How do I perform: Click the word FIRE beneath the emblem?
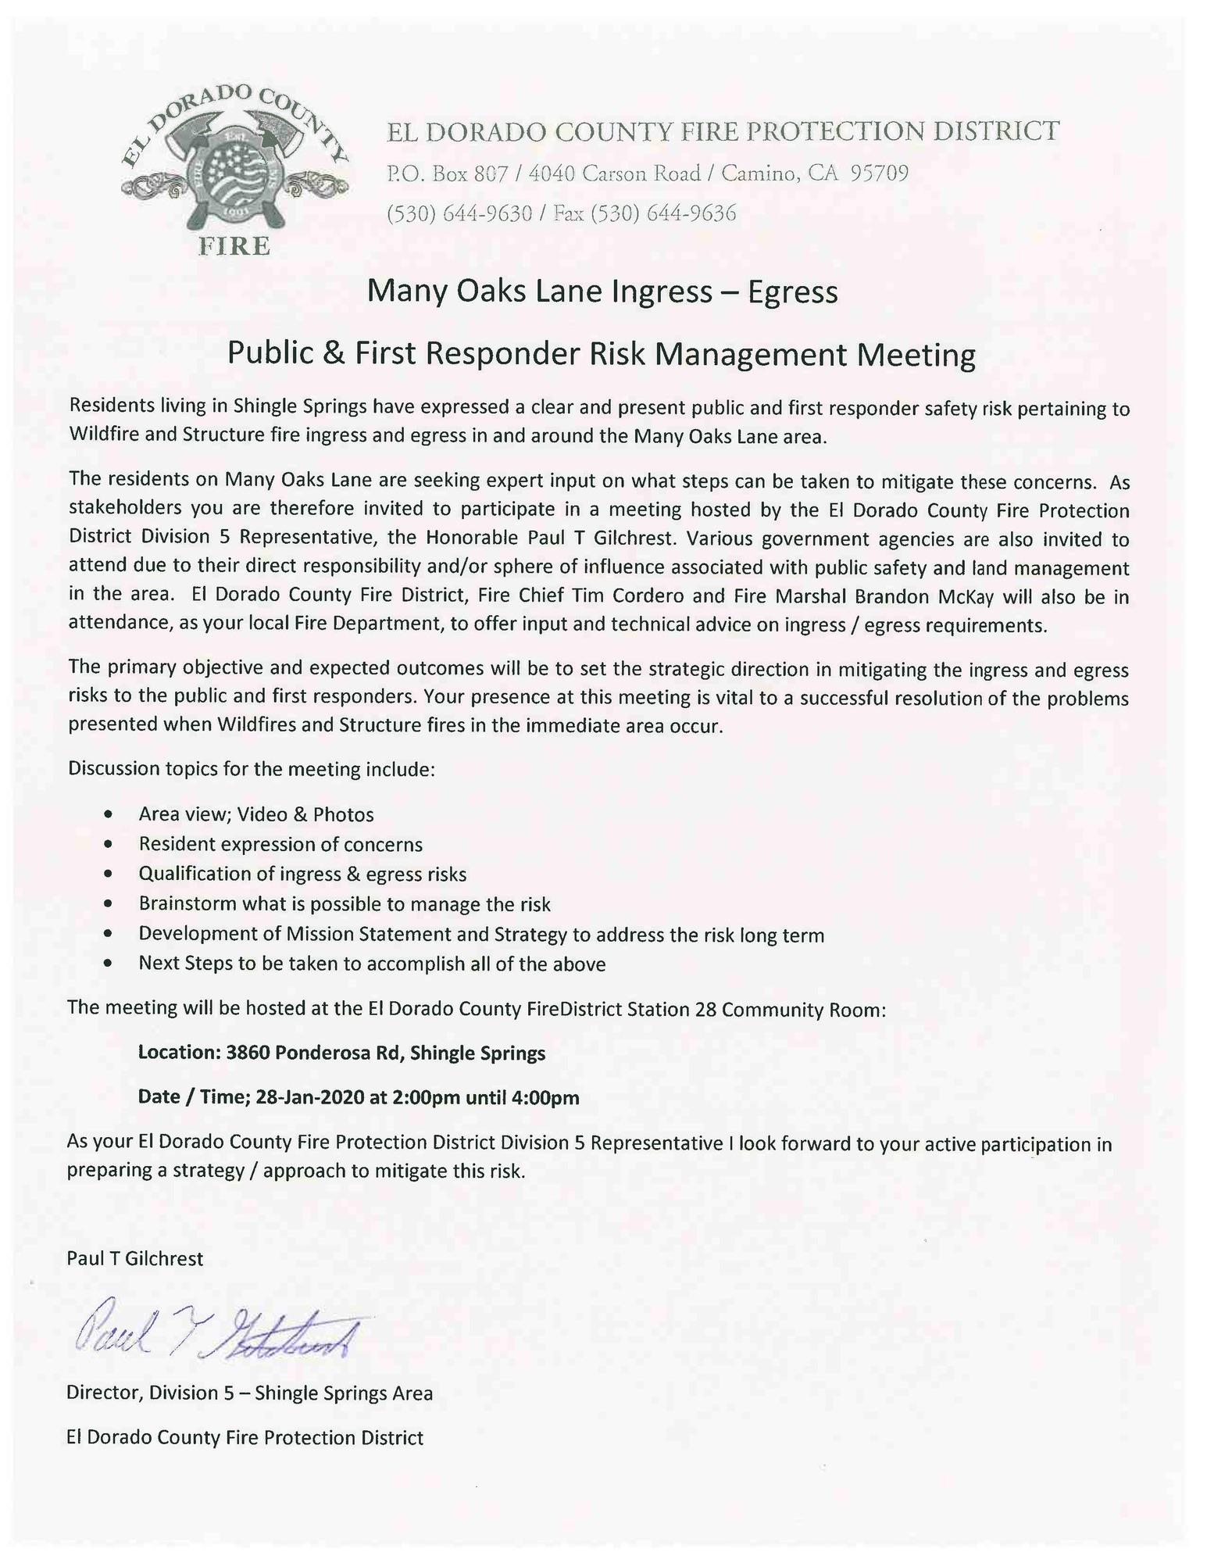[x=234, y=246]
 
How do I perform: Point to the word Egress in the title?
[x=792, y=291]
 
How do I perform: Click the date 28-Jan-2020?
[x=309, y=1097]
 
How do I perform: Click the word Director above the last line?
[x=102, y=1392]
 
